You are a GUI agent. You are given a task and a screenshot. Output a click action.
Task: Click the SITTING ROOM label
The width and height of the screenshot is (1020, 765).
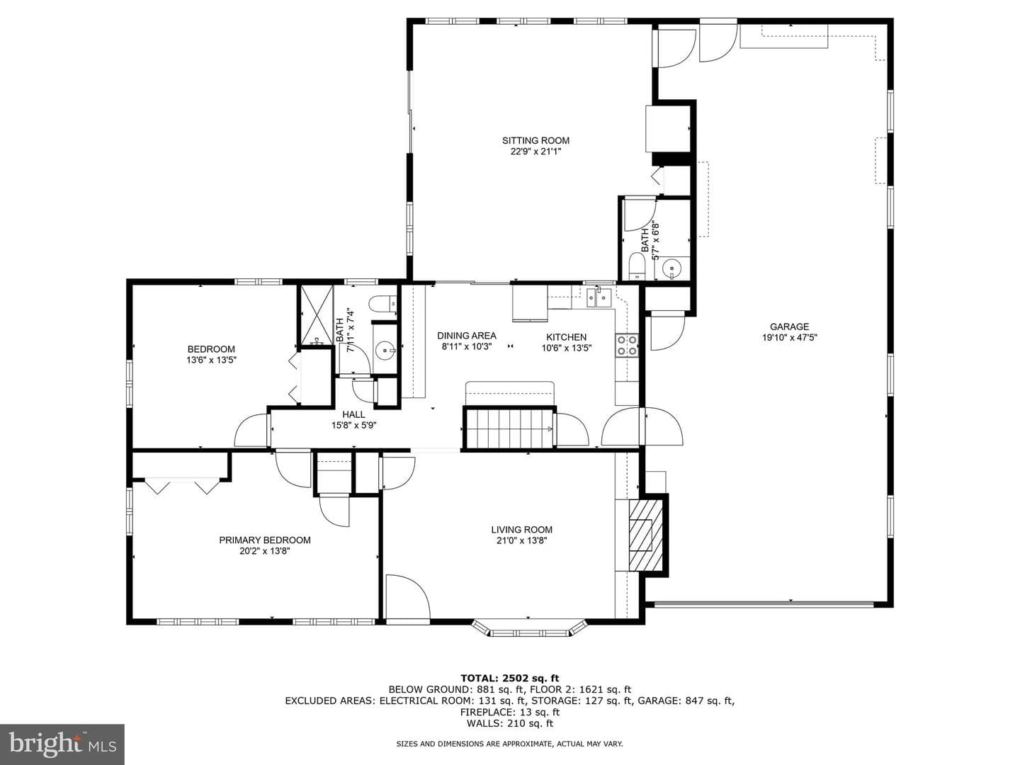click(535, 140)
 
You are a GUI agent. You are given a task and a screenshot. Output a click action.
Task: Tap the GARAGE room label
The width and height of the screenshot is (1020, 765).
click(789, 327)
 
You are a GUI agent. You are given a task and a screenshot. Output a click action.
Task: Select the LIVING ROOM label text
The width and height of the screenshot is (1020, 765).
click(521, 530)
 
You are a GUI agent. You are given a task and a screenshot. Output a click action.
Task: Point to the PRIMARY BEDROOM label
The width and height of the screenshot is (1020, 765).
click(265, 540)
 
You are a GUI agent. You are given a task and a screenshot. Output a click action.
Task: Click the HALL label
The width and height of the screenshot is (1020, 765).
click(353, 414)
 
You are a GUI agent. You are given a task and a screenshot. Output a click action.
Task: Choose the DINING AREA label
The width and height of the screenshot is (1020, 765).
click(467, 335)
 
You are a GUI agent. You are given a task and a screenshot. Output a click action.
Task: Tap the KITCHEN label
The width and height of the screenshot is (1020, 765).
click(566, 336)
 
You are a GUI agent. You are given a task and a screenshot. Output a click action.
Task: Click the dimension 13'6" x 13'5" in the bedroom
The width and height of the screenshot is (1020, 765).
click(211, 360)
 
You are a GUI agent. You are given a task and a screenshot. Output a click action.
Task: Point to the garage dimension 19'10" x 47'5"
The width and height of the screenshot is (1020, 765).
click(789, 338)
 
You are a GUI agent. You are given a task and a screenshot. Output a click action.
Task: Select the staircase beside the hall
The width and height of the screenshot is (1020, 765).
click(509, 428)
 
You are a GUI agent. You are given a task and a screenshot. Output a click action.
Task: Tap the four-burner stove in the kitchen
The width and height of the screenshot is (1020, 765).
click(626, 345)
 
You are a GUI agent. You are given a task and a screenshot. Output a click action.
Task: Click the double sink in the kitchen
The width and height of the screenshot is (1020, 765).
click(599, 297)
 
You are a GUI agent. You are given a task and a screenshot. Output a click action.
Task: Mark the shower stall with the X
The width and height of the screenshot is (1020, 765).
click(317, 315)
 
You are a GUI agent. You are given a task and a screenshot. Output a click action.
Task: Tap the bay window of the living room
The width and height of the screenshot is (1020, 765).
click(528, 627)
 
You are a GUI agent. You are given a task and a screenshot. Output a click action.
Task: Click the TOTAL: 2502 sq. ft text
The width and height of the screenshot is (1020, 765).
click(510, 678)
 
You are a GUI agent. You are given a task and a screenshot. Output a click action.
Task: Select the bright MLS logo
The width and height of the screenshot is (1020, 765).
click(62, 744)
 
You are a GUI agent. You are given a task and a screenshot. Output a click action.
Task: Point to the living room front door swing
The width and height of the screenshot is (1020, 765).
click(408, 596)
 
